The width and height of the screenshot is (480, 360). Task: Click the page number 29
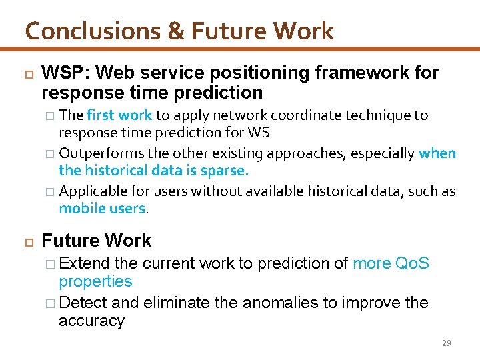(x=446, y=343)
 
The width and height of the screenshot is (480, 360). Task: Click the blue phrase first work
(x=119, y=115)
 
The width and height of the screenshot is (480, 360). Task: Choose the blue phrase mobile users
(x=101, y=209)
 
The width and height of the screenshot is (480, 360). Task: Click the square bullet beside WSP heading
(x=27, y=72)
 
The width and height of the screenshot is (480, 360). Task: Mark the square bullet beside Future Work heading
(x=27, y=240)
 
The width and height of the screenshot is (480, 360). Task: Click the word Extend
(x=81, y=263)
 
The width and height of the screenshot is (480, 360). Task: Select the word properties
(x=95, y=281)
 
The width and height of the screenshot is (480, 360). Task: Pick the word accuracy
(x=91, y=321)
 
